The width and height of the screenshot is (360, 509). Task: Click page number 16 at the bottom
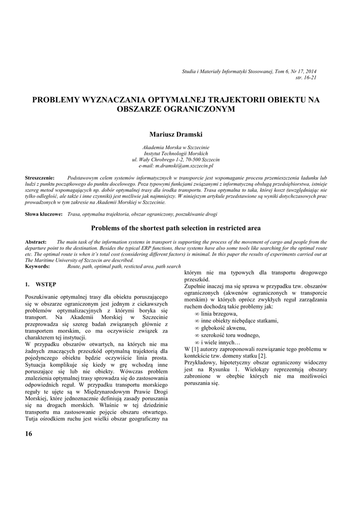(28, 434)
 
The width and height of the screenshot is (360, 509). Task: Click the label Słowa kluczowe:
(44, 214)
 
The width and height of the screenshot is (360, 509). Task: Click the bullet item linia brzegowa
(219, 314)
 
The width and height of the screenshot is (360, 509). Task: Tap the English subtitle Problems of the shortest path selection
(176, 228)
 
